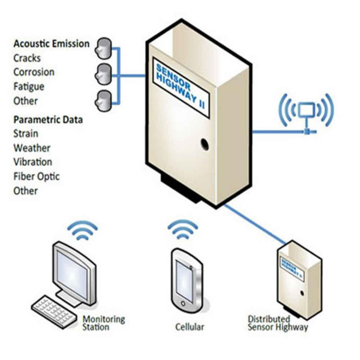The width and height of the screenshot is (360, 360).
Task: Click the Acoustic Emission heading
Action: (x=51, y=44)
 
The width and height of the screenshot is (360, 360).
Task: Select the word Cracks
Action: (x=27, y=58)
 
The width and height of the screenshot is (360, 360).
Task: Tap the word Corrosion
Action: (x=34, y=72)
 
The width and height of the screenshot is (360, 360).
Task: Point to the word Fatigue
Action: (x=29, y=87)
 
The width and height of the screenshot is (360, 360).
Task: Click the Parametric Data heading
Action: (x=48, y=120)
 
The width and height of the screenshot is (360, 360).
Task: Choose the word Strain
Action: (x=26, y=134)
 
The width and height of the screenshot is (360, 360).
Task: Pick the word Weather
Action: (x=32, y=148)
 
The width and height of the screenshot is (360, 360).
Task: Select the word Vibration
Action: (x=33, y=162)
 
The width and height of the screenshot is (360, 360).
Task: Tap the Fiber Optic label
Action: (x=36, y=176)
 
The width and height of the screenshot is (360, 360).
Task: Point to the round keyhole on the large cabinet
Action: (x=205, y=144)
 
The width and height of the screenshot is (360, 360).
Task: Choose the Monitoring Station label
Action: (x=104, y=323)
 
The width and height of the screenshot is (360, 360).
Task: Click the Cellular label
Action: (x=190, y=327)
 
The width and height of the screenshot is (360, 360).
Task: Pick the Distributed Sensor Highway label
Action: (x=278, y=323)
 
